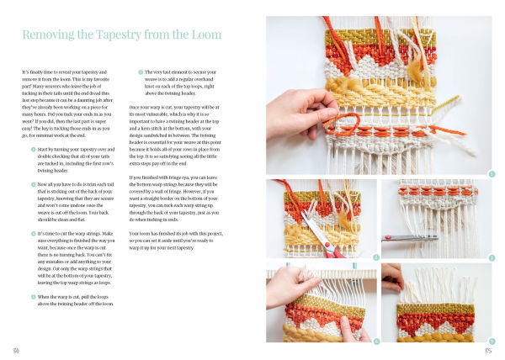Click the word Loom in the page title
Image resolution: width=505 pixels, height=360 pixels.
[x=203, y=35]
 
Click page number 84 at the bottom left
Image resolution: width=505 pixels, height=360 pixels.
[x=15, y=349]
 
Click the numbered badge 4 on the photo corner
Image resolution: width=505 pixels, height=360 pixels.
[x=376, y=341]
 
